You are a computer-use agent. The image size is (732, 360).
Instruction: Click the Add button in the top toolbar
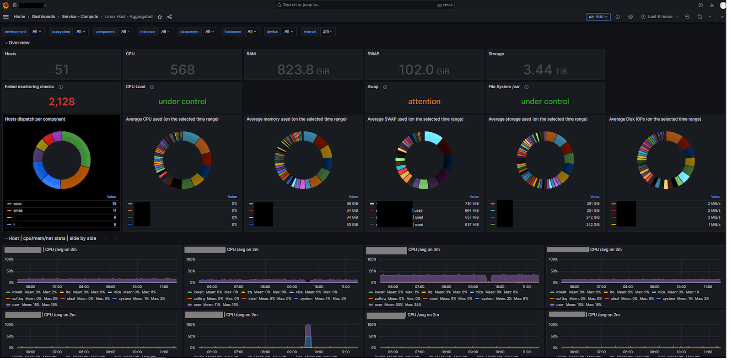(598, 17)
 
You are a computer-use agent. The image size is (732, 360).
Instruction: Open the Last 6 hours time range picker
(660, 17)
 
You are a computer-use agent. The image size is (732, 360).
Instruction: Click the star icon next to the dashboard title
(160, 17)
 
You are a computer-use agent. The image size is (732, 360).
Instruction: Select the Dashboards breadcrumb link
(43, 17)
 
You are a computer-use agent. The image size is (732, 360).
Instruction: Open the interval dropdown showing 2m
(328, 32)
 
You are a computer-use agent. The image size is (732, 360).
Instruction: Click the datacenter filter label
(189, 32)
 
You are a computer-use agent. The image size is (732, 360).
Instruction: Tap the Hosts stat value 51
(62, 70)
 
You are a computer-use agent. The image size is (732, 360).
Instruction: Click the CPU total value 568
(183, 70)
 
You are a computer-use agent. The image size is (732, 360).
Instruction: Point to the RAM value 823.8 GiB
(303, 70)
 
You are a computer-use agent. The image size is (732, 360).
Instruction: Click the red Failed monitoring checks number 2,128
(62, 102)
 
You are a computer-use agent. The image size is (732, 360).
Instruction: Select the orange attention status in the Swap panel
(424, 102)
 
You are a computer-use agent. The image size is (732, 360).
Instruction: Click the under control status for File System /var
(545, 102)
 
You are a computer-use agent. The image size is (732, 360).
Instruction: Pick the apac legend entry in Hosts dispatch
(18, 204)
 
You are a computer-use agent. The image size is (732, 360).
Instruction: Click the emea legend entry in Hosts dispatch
(18, 210)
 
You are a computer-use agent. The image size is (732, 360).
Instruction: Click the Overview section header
(19, 43)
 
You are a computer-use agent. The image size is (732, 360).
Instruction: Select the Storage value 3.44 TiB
(545, 70)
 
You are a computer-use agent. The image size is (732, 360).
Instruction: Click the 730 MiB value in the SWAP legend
(472, 204)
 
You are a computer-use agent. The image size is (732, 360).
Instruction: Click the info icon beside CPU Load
(152, 87)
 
